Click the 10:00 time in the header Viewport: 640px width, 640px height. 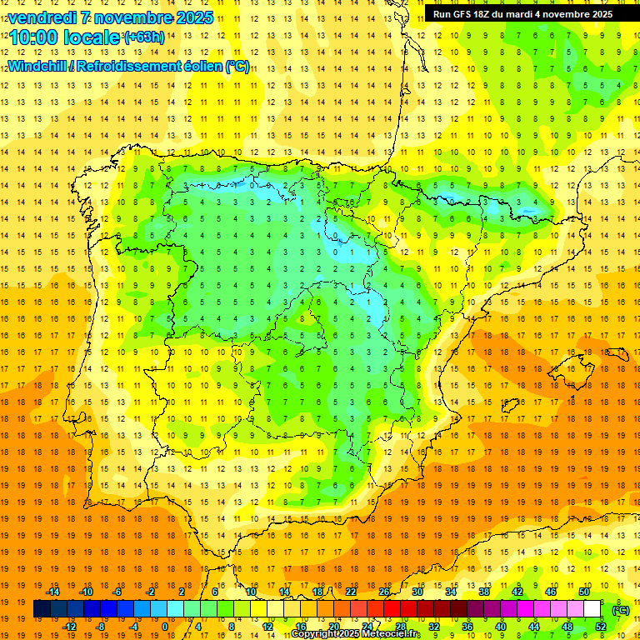pyautogui.click(x=32, y=37)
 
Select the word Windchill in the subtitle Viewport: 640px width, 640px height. pyautogui.click(x=37, y=66)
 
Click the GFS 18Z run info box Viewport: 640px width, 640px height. pyautogui.click(x=522, y=14)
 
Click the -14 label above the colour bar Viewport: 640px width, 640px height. pyautogui.click(x=52, y=592)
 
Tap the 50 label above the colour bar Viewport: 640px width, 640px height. pyautogui.click(x=583, y=592)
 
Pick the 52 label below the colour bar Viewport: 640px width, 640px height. pyautogui.click(x=600, y=627)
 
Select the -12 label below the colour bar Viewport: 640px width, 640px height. pyautogui.click(x=69, y=627)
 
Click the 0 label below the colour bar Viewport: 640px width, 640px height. pyautogui.click(x=165, y=627)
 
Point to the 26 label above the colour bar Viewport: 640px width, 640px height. pyautogui.click(x=384, y=592)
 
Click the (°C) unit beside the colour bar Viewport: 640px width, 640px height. pyautogui.click(x=621, y=609)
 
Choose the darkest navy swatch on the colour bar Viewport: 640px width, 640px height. pyautogui.click(x=42, y=609)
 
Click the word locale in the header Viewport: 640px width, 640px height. pyautogui.click(x=91, y=37)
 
